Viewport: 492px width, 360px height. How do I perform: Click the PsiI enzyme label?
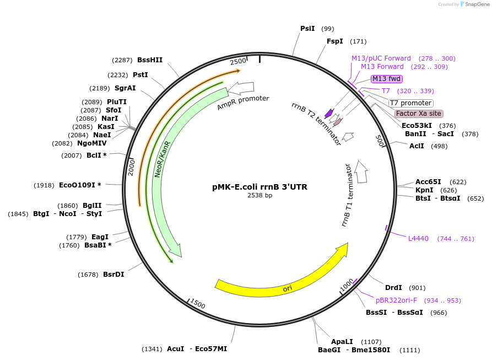point(307,29)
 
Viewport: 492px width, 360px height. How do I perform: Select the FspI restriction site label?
point(335,41)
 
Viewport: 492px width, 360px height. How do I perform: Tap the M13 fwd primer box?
point(387,79)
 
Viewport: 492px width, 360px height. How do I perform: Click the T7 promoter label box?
point(410,103)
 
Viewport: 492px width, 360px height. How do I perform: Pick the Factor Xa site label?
point(419,114)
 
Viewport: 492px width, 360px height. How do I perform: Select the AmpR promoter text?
point(243,102)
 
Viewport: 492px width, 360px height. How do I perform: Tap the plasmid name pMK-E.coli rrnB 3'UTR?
point(259,187)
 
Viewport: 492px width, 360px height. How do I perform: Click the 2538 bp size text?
point(259,195)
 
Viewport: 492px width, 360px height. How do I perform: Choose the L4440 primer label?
point(418,239)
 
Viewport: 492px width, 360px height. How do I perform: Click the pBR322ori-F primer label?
point(396,300)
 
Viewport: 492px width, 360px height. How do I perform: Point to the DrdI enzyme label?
point(393,288)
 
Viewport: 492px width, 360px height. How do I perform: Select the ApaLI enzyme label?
point(342,342)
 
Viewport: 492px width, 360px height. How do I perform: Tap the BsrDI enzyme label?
point(113,275)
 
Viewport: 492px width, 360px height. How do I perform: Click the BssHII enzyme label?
point(150,60)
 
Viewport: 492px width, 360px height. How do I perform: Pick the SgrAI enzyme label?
point(125,88)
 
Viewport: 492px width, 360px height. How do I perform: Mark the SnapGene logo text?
point(474,4)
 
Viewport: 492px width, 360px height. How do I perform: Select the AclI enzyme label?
point(417,146)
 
